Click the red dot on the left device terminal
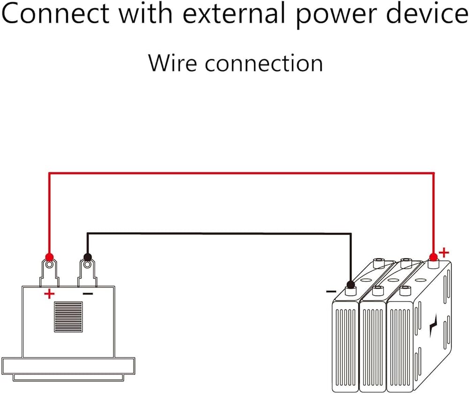click(49, 257)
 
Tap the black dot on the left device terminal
click(87, 257)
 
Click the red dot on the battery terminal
click(433, 256)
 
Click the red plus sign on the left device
click(49, 294)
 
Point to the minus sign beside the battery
click(331, 291)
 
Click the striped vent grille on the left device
click(68, 317)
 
